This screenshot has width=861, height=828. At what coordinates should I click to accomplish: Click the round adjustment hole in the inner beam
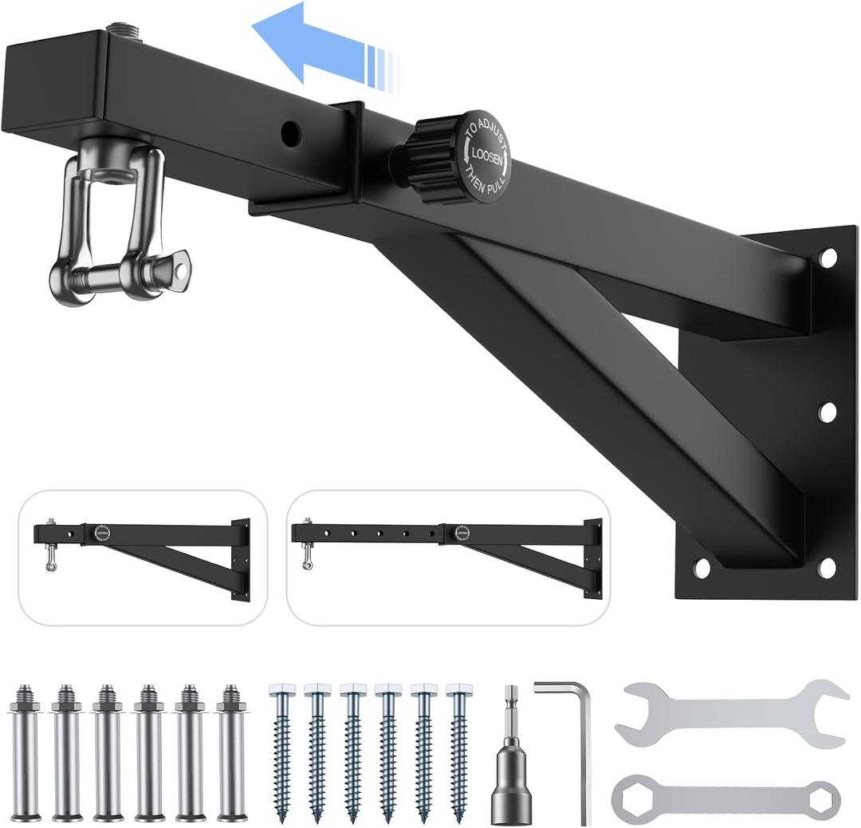point(291,132)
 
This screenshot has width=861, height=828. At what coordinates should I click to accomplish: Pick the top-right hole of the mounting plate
point(828,258)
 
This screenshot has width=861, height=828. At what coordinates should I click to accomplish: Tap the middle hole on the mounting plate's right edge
point(828,412)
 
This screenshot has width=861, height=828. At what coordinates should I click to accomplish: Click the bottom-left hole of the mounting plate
point(702,568)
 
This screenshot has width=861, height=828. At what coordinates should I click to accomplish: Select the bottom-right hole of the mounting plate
point(827,568)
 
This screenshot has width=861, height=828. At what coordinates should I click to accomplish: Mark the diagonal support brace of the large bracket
point(590,375)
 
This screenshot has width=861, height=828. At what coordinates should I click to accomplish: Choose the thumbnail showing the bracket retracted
point(143,556)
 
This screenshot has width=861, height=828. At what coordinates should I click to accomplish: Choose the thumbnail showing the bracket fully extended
point(448,556)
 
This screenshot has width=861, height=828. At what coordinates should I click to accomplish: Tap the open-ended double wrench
point(731,712)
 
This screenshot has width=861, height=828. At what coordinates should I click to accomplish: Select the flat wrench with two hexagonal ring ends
point(725,796)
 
